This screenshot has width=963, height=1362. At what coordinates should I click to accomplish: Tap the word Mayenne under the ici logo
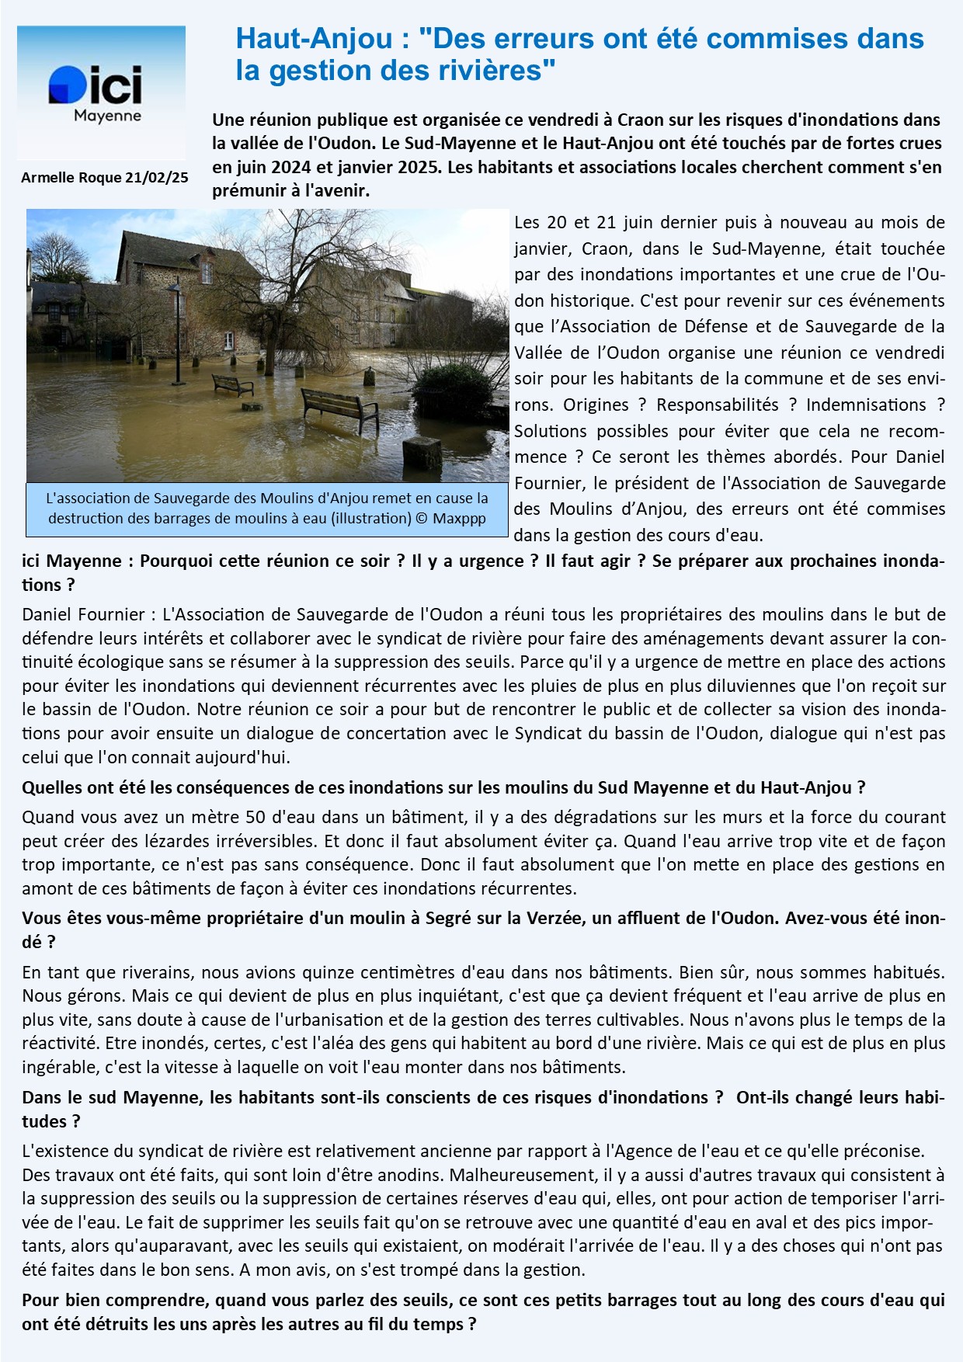coord(107,116)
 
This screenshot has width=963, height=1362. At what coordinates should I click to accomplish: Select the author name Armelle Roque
coord(71,178)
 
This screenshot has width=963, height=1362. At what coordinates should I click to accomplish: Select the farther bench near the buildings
coord(232,384)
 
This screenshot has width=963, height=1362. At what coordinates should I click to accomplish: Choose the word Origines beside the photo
coord(596,405)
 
